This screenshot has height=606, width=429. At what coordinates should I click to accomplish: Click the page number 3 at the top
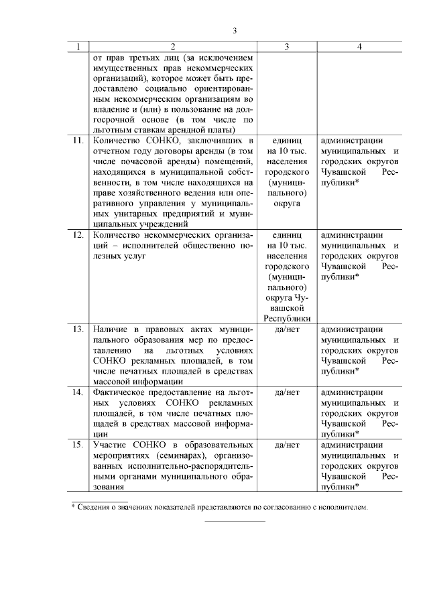[x=235, y=30]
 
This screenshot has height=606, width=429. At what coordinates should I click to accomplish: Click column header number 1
[x=79, y=47]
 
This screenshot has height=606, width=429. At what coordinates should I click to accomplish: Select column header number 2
[x=172, y=47]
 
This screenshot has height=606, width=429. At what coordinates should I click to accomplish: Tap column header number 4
[x=360, y=47]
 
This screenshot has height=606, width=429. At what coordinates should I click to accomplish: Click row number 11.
[x=78, y=141]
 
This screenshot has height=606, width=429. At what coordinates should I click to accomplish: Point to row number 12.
[x=78, y=235]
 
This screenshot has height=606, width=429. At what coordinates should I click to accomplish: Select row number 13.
[x=78, y=329]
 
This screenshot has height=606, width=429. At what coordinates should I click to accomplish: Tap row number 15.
[x=78, y=445]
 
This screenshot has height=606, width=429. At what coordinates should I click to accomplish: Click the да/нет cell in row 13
[x=287, y=329]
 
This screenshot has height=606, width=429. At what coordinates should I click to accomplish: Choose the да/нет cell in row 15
[x=287, y=445]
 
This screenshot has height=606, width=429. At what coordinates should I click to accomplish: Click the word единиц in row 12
[x=287, y=235]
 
